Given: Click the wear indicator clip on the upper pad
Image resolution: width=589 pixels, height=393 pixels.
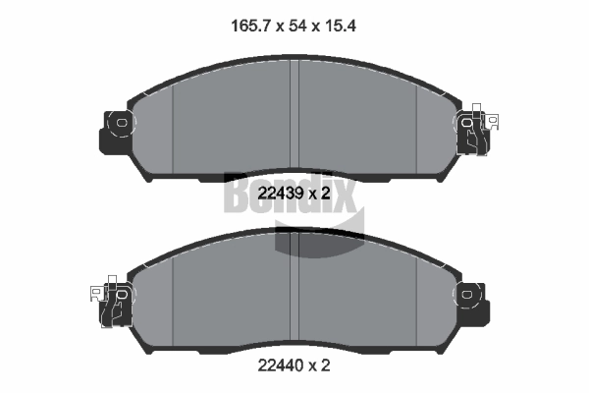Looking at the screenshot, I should point(475,128).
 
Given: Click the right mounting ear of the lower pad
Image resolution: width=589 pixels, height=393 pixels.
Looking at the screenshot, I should point(471,295).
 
